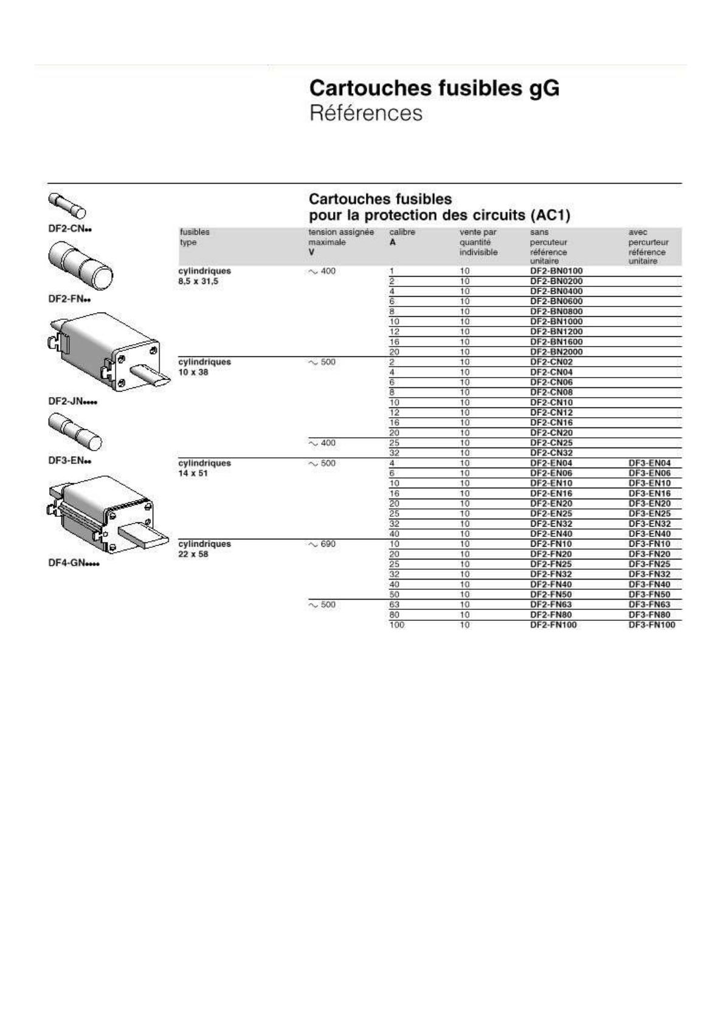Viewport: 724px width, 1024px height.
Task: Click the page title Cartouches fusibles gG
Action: coord(434,89)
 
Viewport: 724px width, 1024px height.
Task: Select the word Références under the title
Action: coord(365,114)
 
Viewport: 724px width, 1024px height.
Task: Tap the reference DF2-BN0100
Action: coord(556,271)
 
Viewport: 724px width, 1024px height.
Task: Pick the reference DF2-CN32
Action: coord(551,453)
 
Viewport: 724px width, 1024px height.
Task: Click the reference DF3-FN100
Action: coord(651,625)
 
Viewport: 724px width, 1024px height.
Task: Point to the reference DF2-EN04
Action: coord(551,463)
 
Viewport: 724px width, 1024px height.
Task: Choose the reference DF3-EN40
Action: coord(649,534)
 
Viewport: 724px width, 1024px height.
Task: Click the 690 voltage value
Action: coord(327,544)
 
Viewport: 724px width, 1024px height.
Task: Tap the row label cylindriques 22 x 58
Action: coord(204,549)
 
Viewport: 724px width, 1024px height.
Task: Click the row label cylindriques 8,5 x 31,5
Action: coord(204,276)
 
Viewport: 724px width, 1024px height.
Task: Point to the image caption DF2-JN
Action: coord(72,402)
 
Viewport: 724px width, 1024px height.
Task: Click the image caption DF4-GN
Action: coord(73,563)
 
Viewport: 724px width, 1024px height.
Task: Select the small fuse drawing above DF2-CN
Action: coord(67,205)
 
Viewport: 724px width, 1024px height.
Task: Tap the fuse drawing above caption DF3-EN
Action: coord(75,431)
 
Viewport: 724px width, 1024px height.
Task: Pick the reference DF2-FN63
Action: coord(551,605)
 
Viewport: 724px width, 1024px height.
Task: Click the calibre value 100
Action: coord(396,625)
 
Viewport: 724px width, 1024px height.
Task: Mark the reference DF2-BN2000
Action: coord(556,352)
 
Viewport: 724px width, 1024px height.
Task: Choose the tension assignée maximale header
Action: coord(340,242)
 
